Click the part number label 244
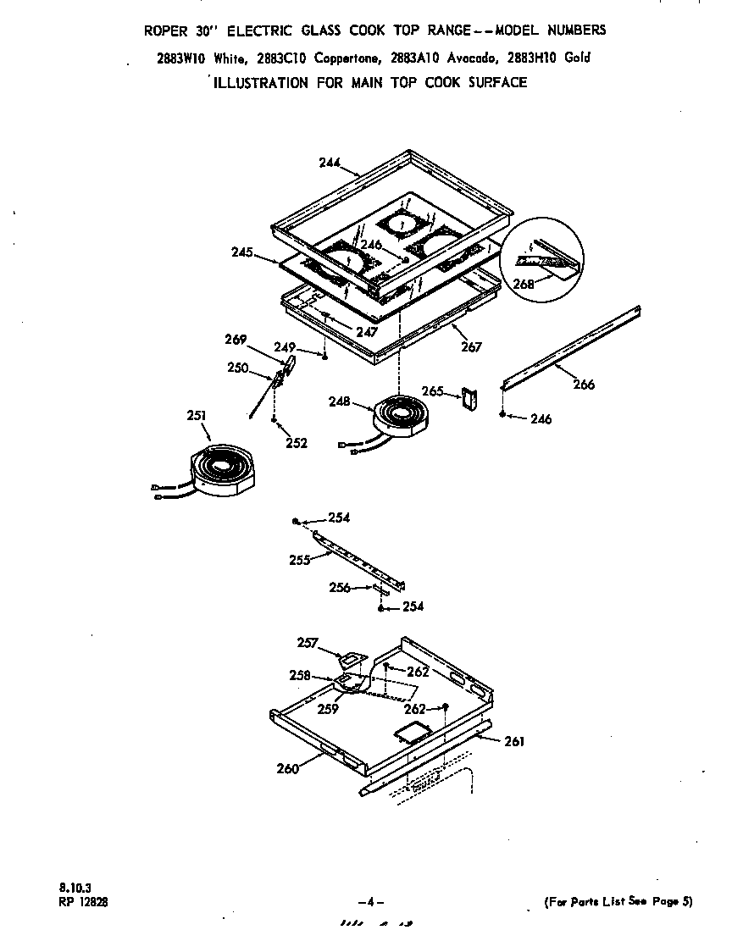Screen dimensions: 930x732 coord(330,163)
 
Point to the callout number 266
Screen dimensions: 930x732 coord(584,384)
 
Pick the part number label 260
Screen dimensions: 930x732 coord(288,768)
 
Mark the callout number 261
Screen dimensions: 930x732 coord(513,741)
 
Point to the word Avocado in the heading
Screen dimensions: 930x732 coord(468,58)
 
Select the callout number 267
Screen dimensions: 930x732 coord(471,346)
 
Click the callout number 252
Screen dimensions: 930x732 coord(296,442)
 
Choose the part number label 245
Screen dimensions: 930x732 coord(242,252)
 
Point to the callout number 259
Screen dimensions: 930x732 coord(328,709)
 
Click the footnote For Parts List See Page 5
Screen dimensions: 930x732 coord(618,901)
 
